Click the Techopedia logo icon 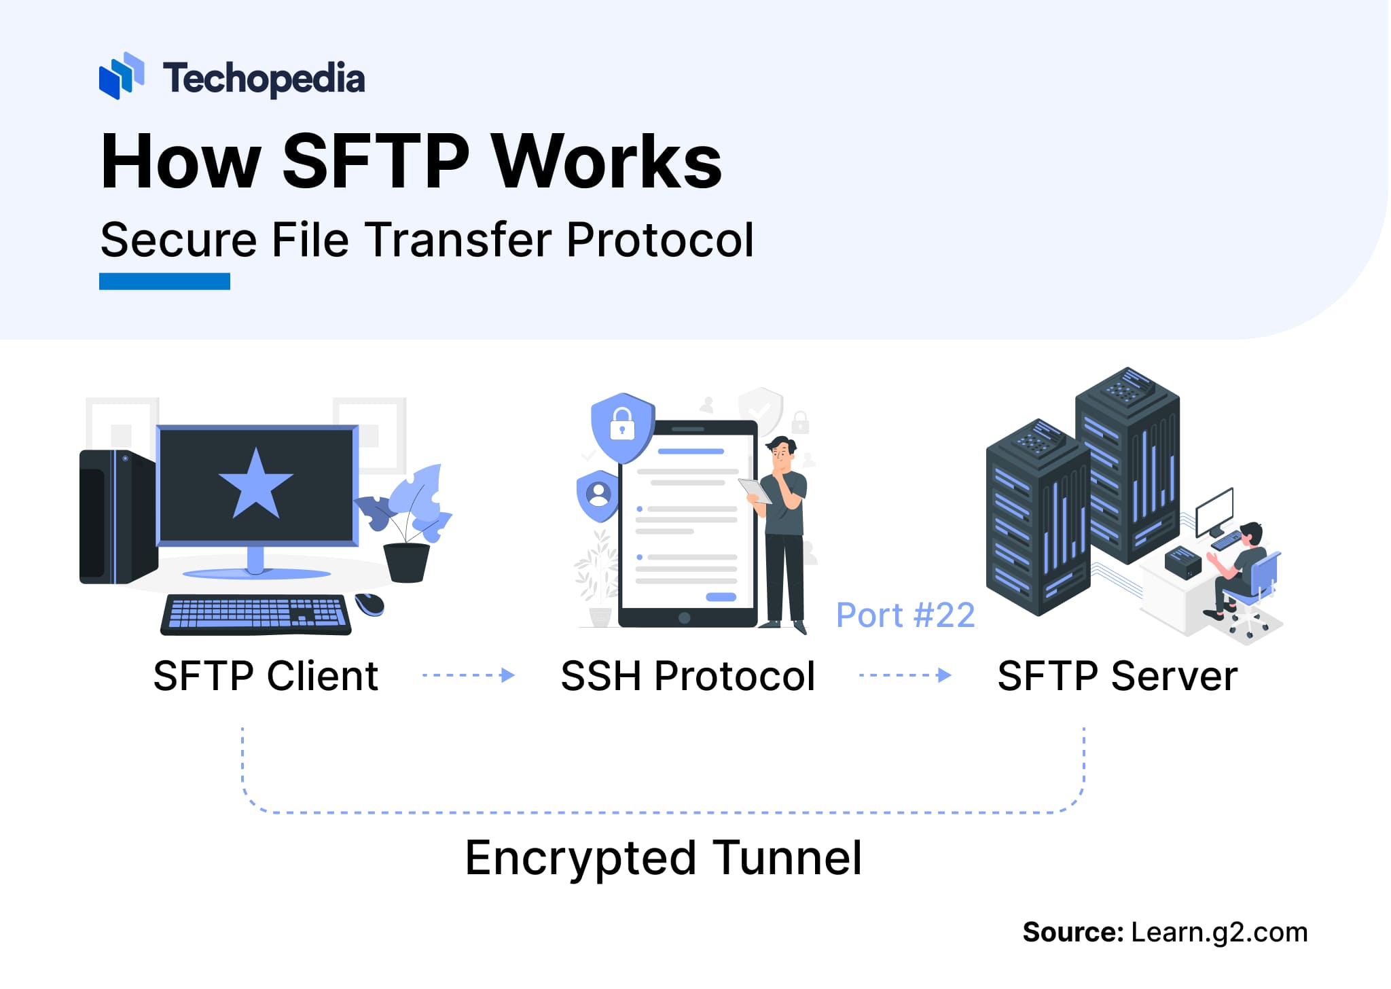tap(121, 76)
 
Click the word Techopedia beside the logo tap(264, 79)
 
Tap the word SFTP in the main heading tap(375, 162)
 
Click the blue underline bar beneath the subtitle tap(164, 281)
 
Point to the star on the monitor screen tap(255, 484)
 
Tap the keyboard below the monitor tap(256, 615)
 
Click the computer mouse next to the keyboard tap(370, 604)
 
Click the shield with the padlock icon tap(622, 426)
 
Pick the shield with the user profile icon tap(598, 494)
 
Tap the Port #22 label tap(905, 615)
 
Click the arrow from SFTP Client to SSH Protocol tap(469, 675)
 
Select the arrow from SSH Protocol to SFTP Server tap(905, 675)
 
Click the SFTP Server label tap(1117, 677)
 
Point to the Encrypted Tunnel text tap(664, 858)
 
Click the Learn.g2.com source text tap(1219, 933)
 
